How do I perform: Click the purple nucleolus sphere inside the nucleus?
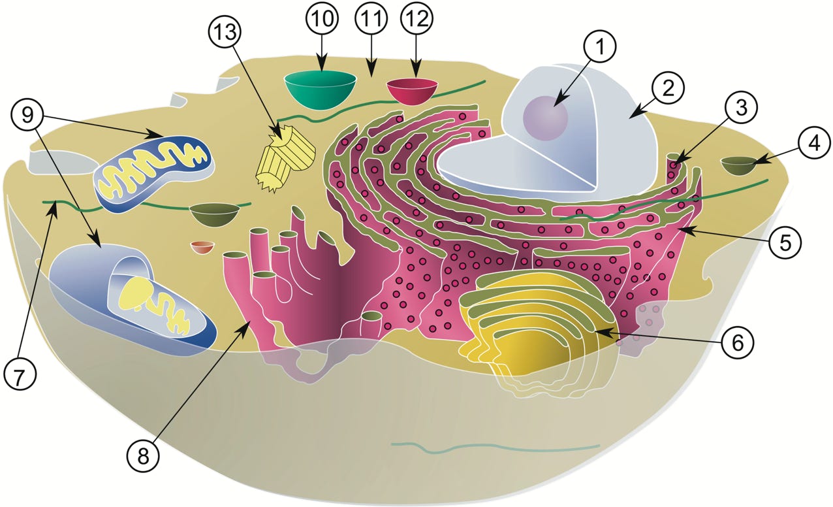pos(545,118)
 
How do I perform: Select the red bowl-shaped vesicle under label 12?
pos(412,90)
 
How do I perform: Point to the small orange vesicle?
pos(202,247)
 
